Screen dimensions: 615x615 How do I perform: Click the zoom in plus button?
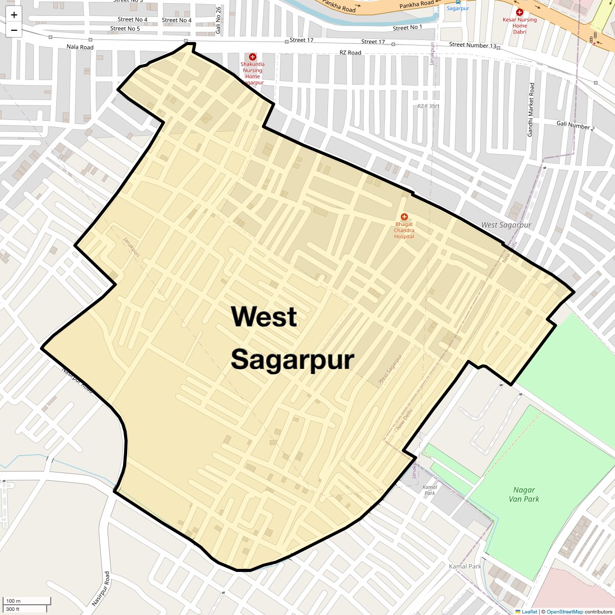click(x=14, y=15)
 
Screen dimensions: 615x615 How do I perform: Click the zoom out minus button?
click(x=14, y=30)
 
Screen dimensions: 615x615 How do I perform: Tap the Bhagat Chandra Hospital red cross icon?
click(x=404, y=217)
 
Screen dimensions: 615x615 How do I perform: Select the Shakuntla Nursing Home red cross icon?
click(x=252, y=57)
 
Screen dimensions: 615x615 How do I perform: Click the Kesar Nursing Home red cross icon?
click(x=520, y=12)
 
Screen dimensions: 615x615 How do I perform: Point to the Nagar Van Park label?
click(x=524, y=495)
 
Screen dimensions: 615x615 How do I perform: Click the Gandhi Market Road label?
click(x=531, y=110)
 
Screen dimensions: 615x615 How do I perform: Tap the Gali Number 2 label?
click(x=576, y=126)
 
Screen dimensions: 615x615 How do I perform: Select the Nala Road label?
click(x=80, y=47)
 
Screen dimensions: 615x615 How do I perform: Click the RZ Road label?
click(x=351, y=53)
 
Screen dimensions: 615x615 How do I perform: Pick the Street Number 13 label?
click(x=473, y=45)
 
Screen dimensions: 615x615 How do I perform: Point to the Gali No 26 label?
click(x=218, y=20)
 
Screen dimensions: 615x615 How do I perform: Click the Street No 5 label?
click(x=125, y=29)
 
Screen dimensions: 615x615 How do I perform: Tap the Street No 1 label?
click(x=407, y=28)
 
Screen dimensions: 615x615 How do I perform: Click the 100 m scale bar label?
click(x=13, y=601)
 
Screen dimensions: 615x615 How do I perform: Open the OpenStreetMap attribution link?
click(x=564, y=611)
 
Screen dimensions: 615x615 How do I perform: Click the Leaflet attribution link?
click(x=529, y=611)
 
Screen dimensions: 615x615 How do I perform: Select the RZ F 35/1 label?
click(x=428, y=106)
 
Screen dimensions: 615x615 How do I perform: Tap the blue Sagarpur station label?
click(x=458, y=8)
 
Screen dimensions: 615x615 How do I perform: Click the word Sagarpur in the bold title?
click(x=292, y=360)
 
